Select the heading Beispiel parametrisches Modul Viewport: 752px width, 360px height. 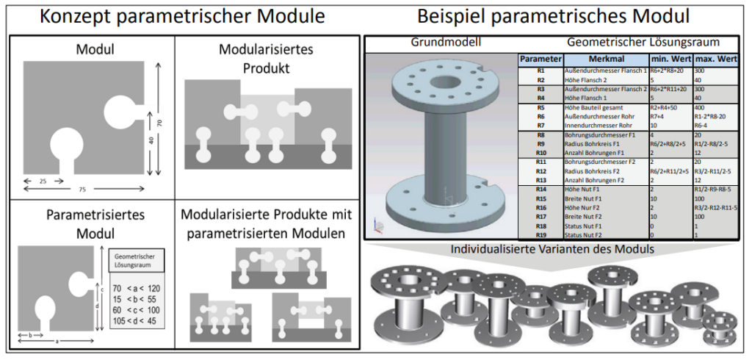click(x=557, y=16)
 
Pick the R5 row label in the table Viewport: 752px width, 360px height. click(x=540, y=107)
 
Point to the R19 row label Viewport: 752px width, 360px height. click(x=540, y=235)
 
